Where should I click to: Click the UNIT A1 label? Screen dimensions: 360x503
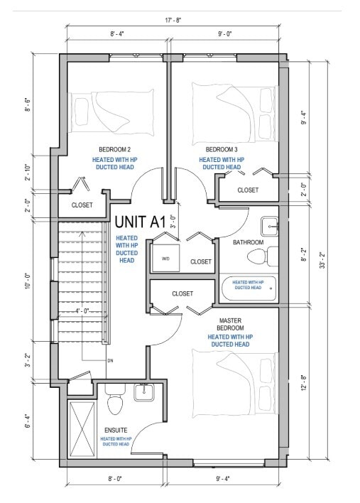(140, 222)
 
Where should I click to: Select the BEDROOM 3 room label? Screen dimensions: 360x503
(222, 149)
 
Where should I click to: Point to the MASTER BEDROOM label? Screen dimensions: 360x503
(230, 324)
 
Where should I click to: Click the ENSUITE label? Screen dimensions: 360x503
(116, 431)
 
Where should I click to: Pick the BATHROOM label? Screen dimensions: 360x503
(248, 242)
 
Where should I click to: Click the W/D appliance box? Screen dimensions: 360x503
(165, 259)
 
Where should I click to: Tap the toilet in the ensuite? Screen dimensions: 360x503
(115, 401)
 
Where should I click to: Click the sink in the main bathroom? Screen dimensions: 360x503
(269, 227)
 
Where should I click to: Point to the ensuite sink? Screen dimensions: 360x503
(144, 392)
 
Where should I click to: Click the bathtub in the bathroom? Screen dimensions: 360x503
(249, 288)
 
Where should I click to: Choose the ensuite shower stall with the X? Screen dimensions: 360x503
(82, 429)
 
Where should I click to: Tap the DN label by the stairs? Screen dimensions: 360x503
(110, 361)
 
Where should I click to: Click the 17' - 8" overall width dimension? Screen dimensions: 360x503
(173, 21)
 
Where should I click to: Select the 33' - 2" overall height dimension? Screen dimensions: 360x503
(322, 261)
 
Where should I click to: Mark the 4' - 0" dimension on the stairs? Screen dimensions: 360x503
(82, 311)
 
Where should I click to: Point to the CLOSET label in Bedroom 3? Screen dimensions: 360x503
(248, 190)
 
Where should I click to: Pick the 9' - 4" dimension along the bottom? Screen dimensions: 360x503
(223, 479)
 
